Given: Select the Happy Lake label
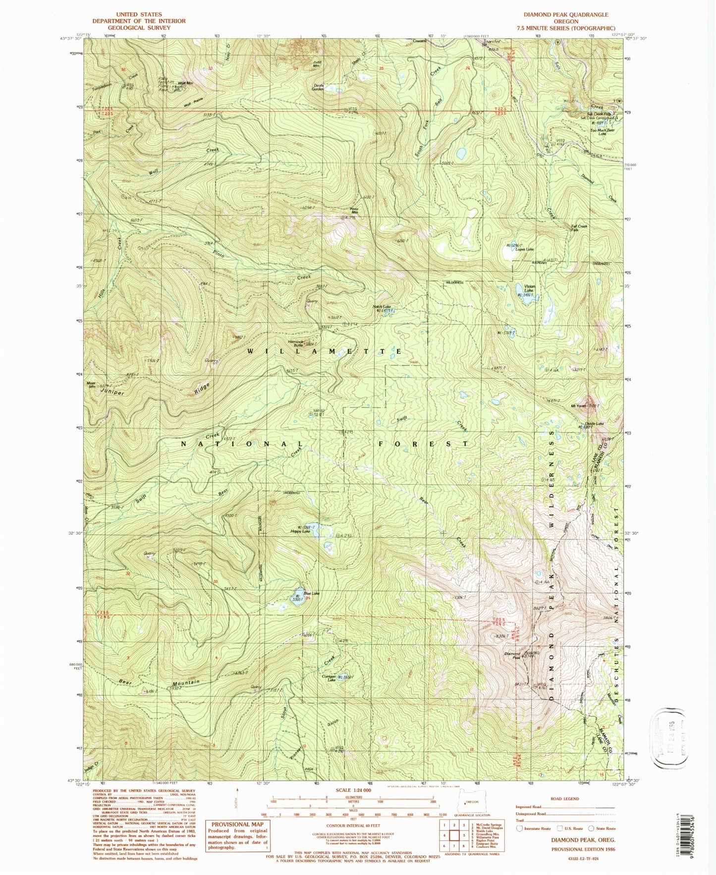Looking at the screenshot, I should tap(300, 531).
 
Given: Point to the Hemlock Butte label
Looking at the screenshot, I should tap(299, 342).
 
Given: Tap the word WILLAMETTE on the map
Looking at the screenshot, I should tap(323, 351).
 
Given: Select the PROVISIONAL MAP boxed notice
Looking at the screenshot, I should tap(236, 835).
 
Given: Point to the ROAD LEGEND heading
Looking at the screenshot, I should tap(564, 799).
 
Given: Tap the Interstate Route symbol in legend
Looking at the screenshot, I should tap(520, 828).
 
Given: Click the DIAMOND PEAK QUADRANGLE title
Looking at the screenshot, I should tap(566, 14).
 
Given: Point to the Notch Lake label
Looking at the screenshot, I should tap(382, 307).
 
